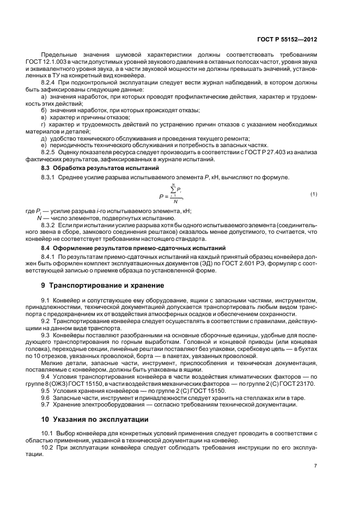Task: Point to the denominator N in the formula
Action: click(174, 202)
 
